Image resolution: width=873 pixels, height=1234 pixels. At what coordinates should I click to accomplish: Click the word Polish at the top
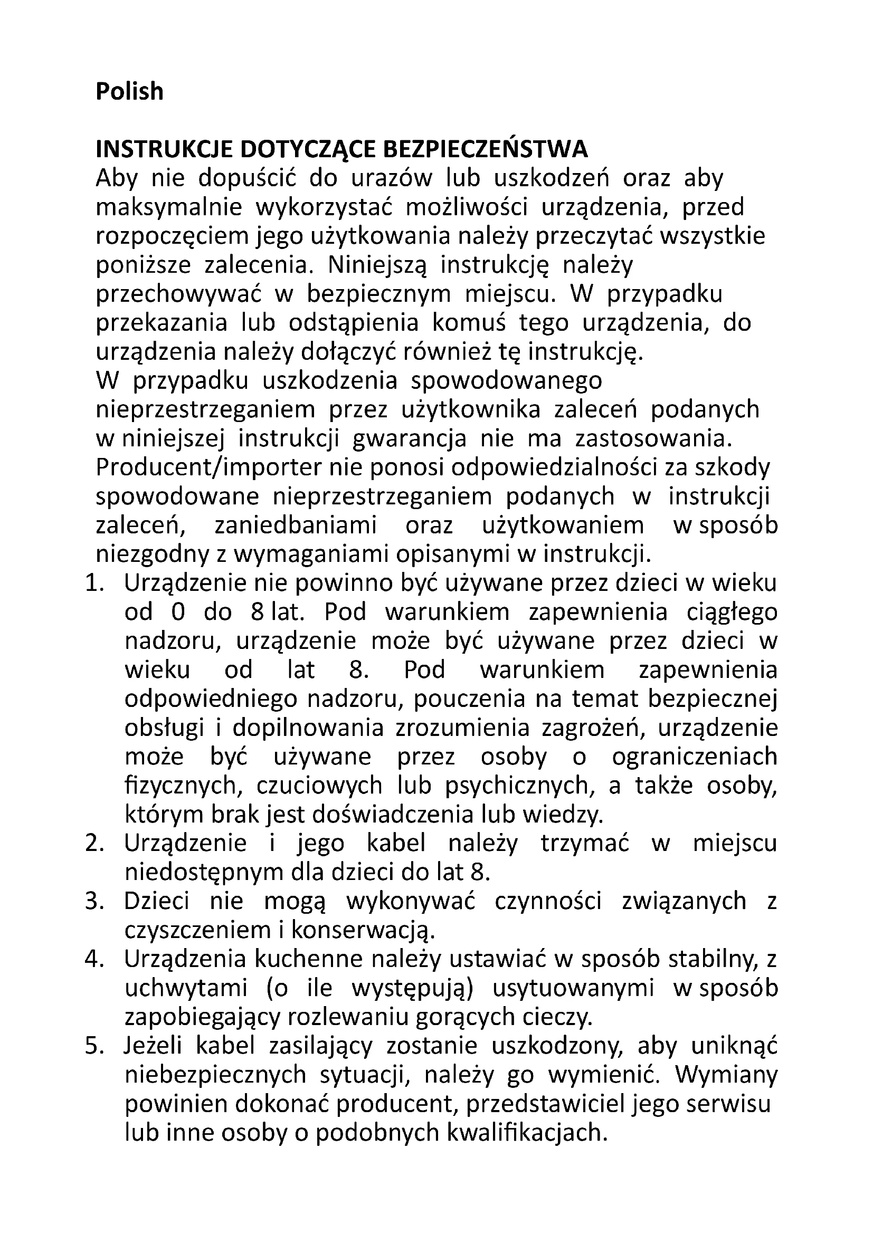pos(129,91)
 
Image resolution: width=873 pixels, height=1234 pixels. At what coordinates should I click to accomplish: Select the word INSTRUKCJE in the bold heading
pos(164,150)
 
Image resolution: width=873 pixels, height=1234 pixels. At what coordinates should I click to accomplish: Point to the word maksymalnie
pos(169,207)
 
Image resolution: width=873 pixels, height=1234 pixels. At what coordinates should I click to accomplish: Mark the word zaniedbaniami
pos(296,525)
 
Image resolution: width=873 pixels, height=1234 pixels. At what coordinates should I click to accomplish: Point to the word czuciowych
pos(319,786)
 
